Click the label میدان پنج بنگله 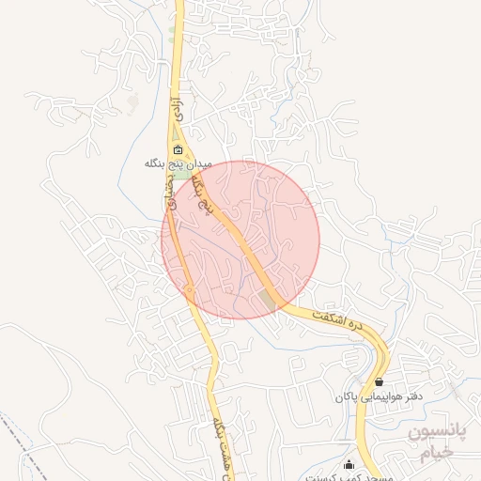click(x=178, y=163)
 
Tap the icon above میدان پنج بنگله click(x=178, y=148)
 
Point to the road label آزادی click(x=174, y=110)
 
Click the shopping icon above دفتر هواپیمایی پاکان click(x=379, y=382)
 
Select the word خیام click(x=435, y=454)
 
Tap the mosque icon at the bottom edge click(x=349, y=464)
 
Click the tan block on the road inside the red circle click(x=272, y=300)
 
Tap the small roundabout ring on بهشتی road click(x=189, y=293)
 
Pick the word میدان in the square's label click(x=201, y=163)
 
